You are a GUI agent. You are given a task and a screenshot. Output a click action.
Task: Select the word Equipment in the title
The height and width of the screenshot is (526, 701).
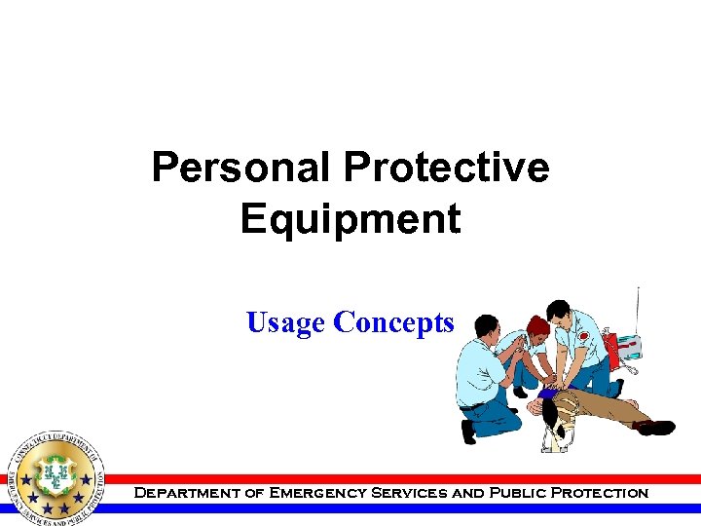350,219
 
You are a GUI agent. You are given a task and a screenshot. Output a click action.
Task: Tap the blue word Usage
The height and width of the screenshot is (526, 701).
286,322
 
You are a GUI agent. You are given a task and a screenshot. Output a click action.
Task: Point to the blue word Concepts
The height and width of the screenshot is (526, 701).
393,322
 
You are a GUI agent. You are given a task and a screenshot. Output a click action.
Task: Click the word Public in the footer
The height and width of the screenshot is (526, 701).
513,493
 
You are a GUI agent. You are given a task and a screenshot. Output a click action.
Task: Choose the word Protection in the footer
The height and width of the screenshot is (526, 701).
600,493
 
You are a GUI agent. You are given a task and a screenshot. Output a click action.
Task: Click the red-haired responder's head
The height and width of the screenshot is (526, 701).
536,325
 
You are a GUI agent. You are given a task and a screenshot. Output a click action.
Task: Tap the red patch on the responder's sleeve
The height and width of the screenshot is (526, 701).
583,335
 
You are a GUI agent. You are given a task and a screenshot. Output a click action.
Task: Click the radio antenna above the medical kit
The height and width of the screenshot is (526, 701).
638,310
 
